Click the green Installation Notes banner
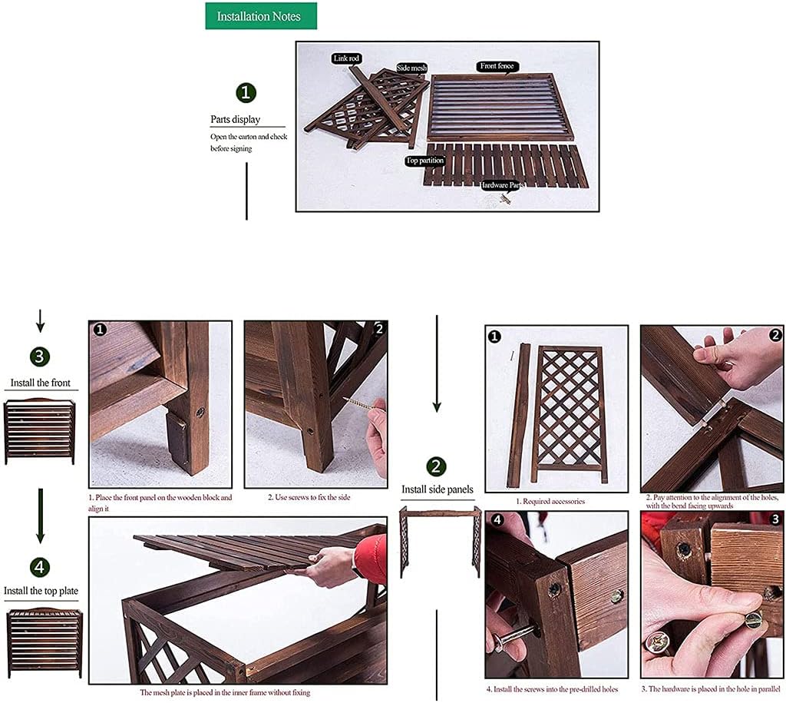(261, 16)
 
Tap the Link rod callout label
(346, 58)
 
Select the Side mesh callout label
(411, 68)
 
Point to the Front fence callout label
(497, 66)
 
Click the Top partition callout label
(424, 161)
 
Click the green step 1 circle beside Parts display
(246, 94)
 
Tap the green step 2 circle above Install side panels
(436, 466)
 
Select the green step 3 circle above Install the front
(41, 356)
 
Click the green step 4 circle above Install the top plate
(41, 568)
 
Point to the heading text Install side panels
(438, 489)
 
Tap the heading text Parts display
(236, 120)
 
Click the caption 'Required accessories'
(550, 502)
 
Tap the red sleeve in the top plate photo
(372, 558)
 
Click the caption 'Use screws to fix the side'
(309, 497)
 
